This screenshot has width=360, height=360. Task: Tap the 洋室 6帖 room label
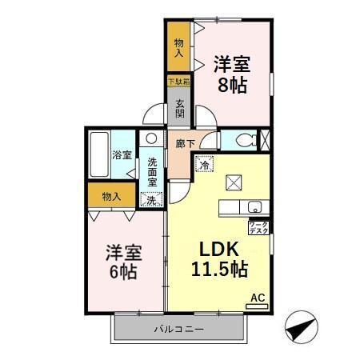pos(124,262)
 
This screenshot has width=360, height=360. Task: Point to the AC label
pos(258,298)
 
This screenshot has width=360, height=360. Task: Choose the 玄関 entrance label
pos(180,108)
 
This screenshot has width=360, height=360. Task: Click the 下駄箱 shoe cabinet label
pos(178,81)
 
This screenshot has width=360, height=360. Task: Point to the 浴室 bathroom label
pos(121,154)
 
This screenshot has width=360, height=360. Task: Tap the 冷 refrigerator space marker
pos(205,166)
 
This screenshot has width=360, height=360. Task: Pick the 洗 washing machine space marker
pos(151,199)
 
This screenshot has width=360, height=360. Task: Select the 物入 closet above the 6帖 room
pos(112,196)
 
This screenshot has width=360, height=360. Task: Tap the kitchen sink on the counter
pos(254,206)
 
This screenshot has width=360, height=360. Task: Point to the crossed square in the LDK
pos(233,183)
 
